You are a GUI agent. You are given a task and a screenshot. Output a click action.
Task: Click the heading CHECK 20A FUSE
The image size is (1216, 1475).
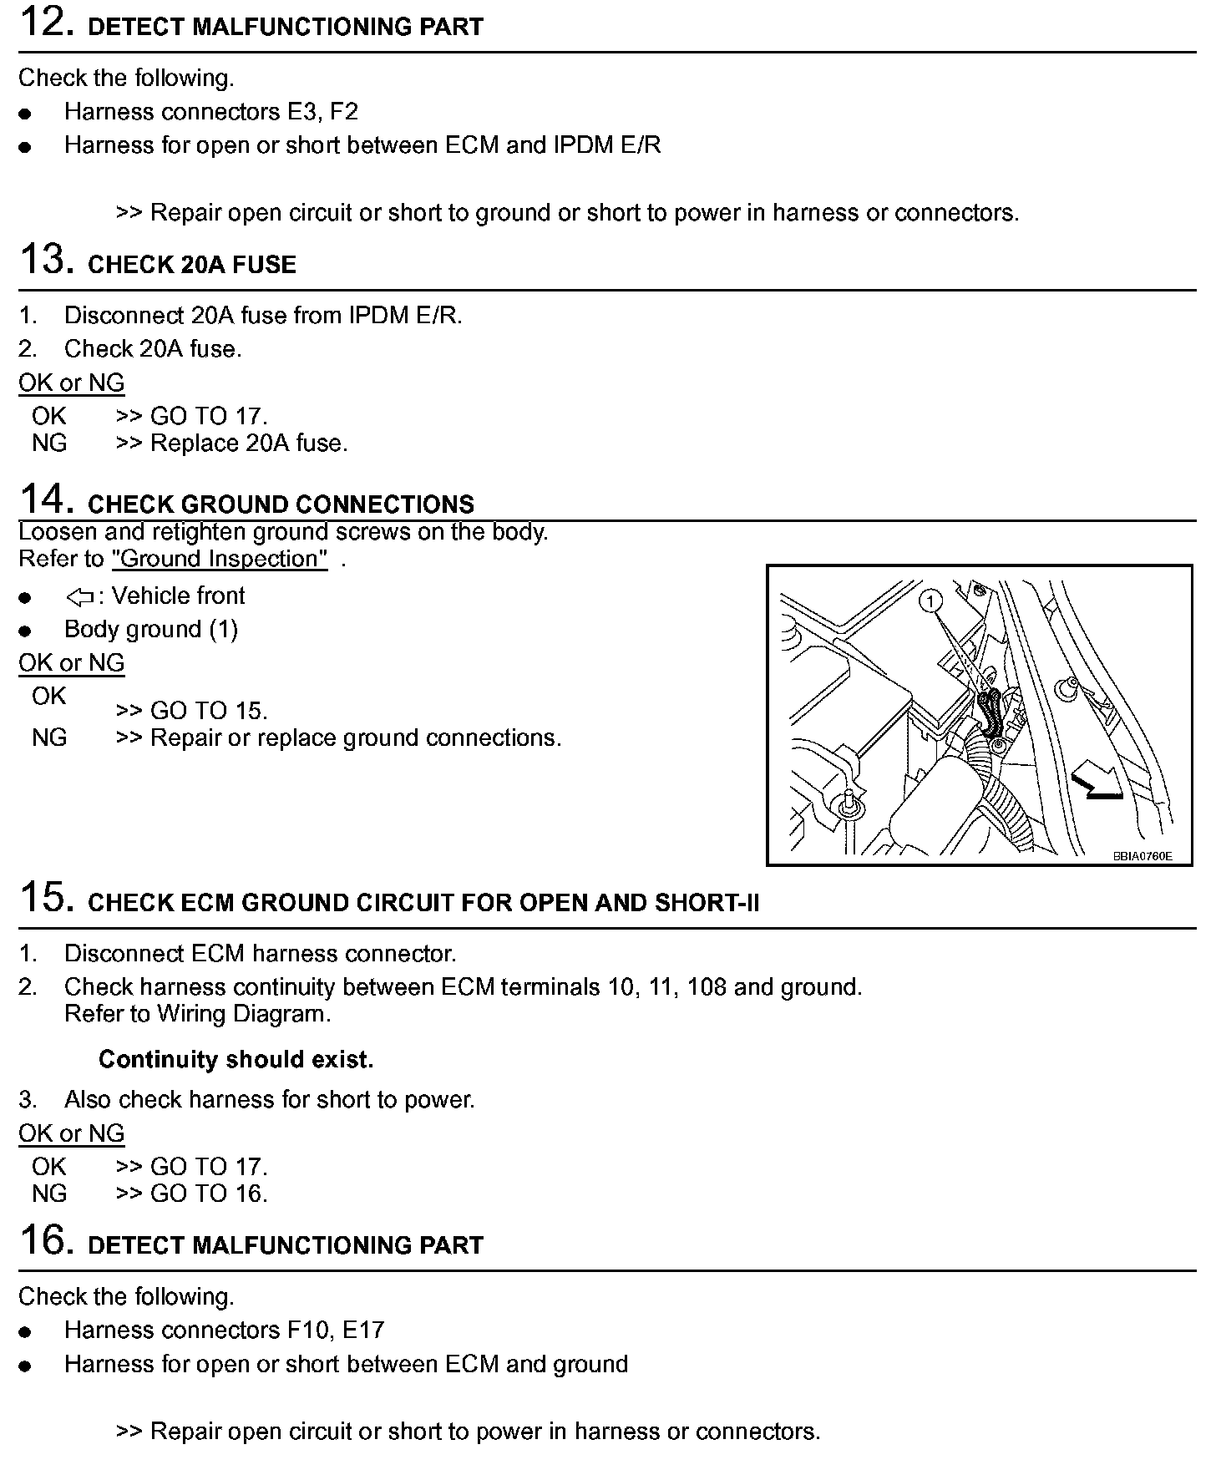click(191, 265)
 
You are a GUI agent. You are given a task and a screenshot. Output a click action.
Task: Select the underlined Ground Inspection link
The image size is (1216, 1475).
click(220, 559)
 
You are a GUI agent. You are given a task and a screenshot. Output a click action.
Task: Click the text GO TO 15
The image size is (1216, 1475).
click(208, 711)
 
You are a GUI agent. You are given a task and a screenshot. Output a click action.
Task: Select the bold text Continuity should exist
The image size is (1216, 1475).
click(236, 1059)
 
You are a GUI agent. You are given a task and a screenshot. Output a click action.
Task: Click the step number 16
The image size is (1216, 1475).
click(42, 1240)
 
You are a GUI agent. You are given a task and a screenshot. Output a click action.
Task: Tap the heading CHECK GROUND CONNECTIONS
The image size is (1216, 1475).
click(281, 504)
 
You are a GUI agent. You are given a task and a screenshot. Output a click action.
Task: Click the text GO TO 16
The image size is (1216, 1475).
click(208, 1194)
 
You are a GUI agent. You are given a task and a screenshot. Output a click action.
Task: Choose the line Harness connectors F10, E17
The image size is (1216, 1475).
click(224, 1330)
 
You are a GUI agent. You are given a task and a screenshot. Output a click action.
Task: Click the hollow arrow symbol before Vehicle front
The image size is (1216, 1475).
click(80, 596)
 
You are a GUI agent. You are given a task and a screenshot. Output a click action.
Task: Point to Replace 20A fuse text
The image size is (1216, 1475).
click(248, 444)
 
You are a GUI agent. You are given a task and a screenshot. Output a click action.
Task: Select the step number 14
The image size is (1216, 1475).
click(42, 499)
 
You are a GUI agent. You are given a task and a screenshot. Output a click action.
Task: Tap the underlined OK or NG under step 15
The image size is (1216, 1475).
click(72, 1133)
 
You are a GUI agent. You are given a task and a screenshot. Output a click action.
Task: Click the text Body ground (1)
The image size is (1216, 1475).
click(151, 629)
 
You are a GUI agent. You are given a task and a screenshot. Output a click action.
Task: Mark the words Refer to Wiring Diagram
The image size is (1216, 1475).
click(197, 1014)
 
